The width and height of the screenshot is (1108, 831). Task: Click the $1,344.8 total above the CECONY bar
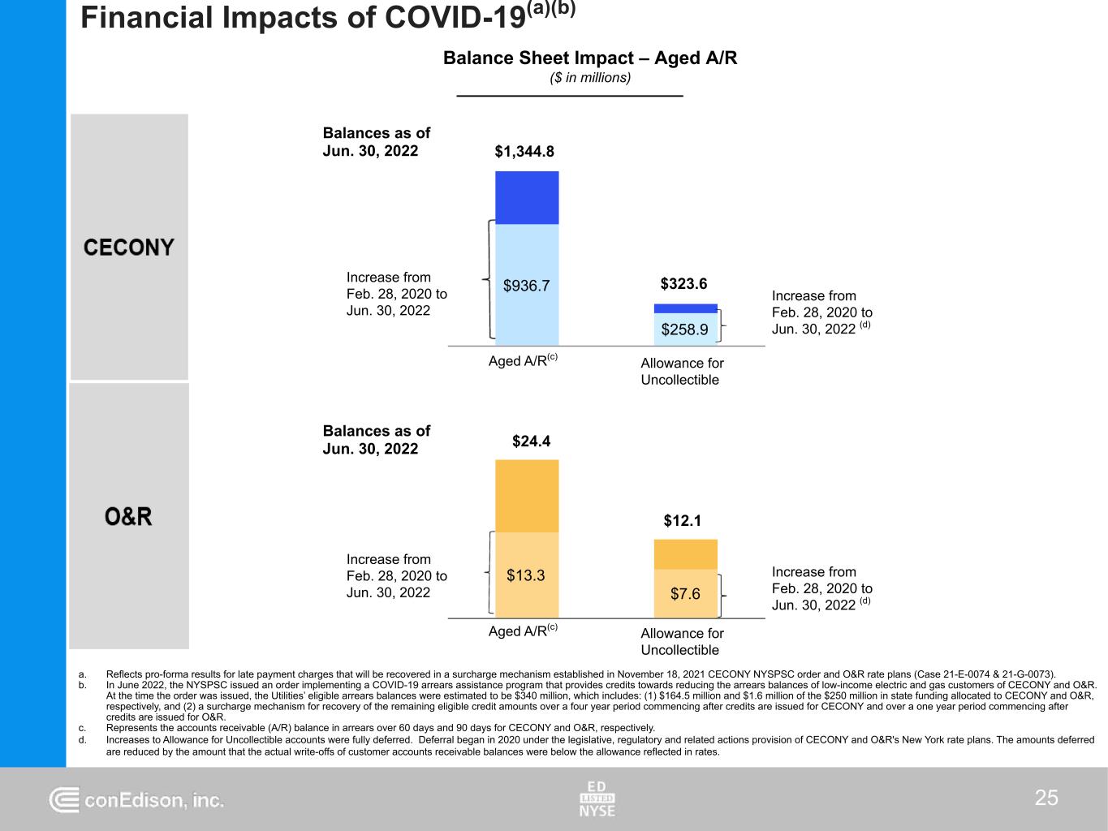tap(524, 152)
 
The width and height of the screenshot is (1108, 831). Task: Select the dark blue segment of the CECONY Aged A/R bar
tap(527, 197)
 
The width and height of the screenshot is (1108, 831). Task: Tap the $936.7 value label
tap(526, 286)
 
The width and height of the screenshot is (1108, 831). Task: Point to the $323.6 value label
tap(683, 284)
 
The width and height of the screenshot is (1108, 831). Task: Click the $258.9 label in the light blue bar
tap(684, 329)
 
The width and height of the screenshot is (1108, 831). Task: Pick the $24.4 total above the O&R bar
tap(531, 441)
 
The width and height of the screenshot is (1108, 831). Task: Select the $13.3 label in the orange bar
tap(525, 575)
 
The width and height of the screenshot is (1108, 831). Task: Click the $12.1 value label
tap(682, 521)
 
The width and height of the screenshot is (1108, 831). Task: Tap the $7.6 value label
tap(685, 594)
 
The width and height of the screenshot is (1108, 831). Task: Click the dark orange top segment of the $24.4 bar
tap(527, 496)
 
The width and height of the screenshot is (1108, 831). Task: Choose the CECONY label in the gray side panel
tap(129, 248)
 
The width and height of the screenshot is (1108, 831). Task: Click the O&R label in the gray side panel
tap(129, 517)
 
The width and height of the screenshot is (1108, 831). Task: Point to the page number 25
tap(1046, 799)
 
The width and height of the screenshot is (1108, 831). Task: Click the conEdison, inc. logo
tap(136, 800)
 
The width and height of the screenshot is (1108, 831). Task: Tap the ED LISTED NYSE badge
tap(597, 799)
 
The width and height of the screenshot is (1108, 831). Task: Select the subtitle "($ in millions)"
tap(590, 78)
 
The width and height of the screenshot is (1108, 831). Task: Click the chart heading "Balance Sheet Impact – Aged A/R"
tap(590, 58)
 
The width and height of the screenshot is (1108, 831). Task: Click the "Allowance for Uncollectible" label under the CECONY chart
tap(682, 372)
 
